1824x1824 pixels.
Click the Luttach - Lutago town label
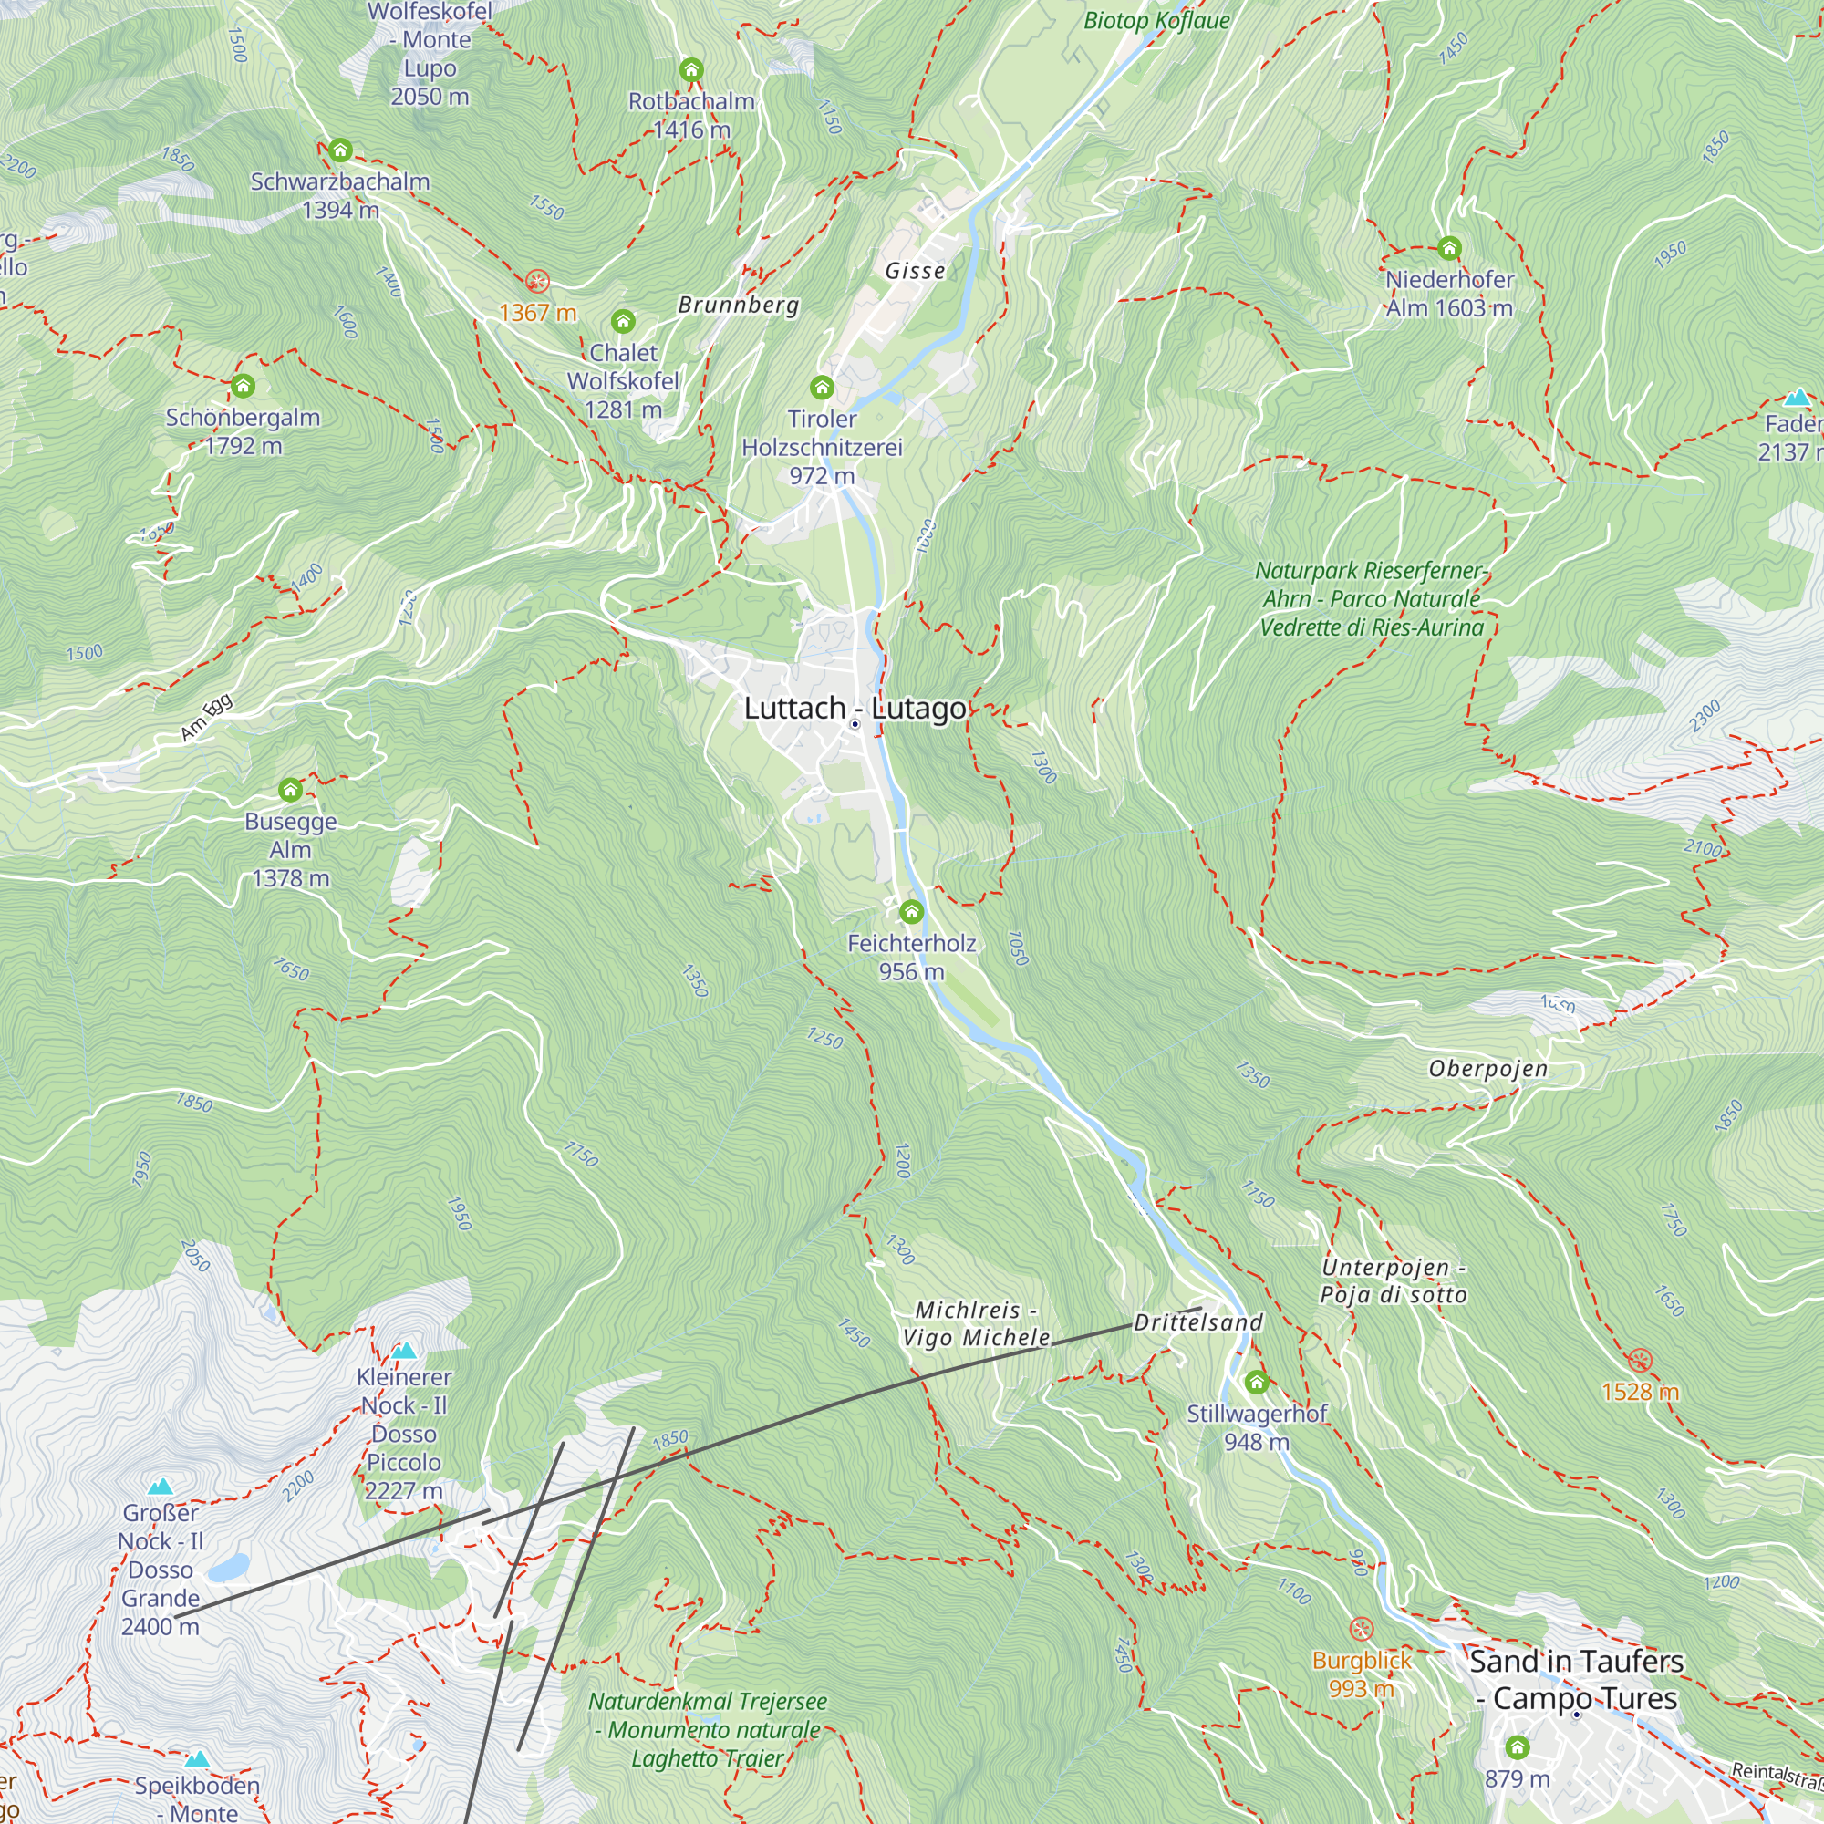(855, 708)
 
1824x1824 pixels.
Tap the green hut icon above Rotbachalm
(691, 70)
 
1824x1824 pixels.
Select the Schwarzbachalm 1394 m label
(340, 195)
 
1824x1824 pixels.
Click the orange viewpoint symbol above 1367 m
(537, 281)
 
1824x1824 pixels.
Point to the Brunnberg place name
(739, 305)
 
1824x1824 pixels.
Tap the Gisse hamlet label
(915, 271)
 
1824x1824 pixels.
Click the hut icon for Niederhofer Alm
(1449, 248)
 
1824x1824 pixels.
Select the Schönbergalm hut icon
(243, 385)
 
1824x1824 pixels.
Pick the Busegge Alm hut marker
(290, 789)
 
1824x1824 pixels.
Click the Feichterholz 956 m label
(911, 958)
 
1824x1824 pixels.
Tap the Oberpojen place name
(1487, 1069)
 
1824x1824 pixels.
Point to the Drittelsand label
(1198, 1322)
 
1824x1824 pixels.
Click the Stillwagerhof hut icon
(1256, 1383)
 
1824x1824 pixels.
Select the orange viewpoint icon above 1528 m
(1640, 1361)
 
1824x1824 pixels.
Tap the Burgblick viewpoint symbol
(1361, 1629)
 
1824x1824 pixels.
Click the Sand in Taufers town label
(1576, 1680)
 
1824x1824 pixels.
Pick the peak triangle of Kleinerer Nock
(404, 1351)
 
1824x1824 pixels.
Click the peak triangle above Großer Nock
(161, 1486)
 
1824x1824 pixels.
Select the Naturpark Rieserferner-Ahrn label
(1372, 598)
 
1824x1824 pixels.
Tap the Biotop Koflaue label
(1156, 21)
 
